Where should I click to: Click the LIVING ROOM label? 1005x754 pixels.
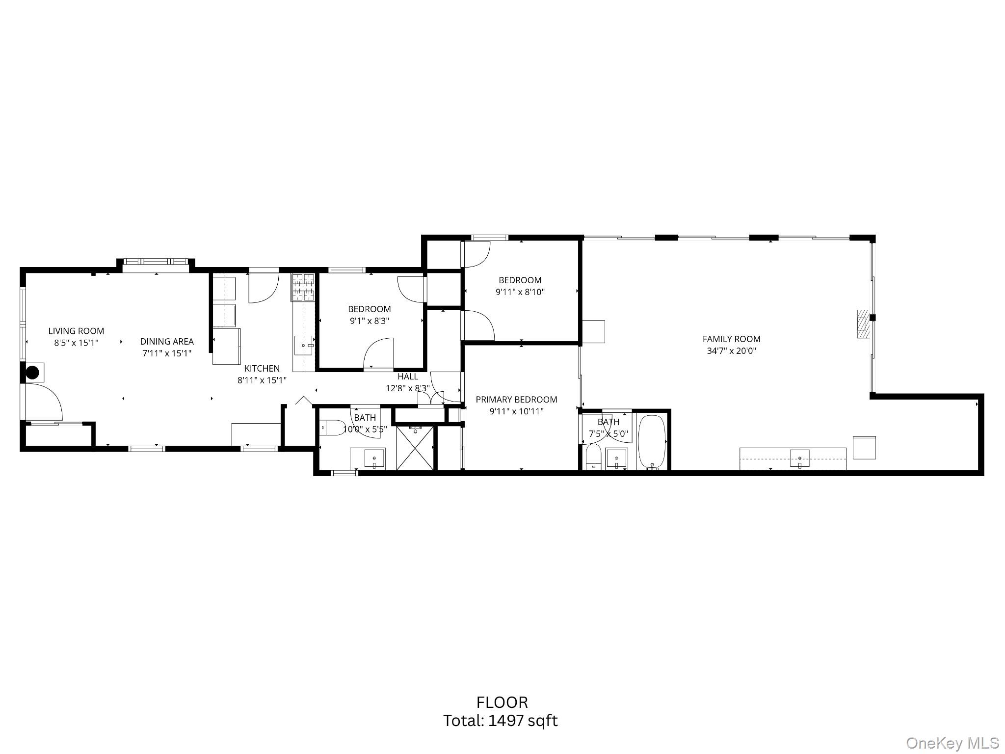coord(76,331)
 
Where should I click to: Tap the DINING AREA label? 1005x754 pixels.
coord(167,341)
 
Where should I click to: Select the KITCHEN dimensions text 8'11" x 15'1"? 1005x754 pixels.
coord(262,380)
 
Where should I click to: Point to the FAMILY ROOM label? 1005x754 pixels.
coord(731,339)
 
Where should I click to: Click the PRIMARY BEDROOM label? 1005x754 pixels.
coord(516,400)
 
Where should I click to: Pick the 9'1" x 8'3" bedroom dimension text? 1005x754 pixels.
coord(369,321)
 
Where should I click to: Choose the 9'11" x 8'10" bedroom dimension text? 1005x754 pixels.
coord(520,292)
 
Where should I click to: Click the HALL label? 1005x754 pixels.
coord(408,377)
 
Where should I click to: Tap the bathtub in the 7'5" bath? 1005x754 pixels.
coord(652,442)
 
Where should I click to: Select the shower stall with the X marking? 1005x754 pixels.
coord(415,448)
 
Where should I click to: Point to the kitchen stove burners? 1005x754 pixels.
coord(303,287)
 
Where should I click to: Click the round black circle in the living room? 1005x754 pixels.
coord(33,373)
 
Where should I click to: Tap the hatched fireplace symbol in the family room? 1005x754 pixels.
coord(863,324)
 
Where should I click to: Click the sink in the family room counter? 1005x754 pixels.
coord(800,458)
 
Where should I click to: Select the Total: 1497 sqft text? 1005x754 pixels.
coord(501,721)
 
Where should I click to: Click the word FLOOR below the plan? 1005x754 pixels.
coord(502,702)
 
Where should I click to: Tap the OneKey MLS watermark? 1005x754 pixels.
coord(952,743)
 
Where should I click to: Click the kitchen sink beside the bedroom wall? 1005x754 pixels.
coord(303,346)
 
